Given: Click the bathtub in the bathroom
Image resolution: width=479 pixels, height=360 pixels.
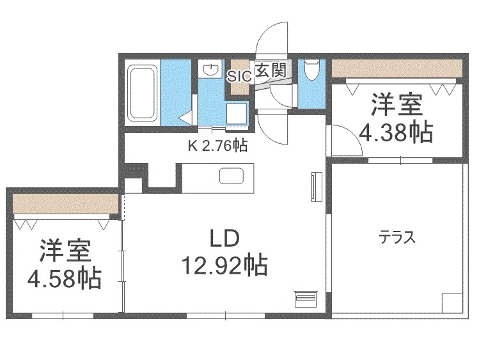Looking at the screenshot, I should point(141,94).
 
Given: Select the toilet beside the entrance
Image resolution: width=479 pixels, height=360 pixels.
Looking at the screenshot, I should point(311,71).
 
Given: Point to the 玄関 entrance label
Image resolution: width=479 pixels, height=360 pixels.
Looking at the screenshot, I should point(270,70).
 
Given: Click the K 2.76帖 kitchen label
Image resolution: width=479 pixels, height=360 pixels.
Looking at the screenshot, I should point(217,146).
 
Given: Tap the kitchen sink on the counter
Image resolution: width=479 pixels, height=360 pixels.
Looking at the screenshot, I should point(229,175).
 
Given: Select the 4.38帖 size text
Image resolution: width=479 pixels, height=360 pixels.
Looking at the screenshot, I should point(395,132).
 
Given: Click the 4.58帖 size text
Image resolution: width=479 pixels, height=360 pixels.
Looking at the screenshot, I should point(64,278).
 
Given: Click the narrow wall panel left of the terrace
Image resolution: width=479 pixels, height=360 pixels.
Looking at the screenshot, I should point(314,187).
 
